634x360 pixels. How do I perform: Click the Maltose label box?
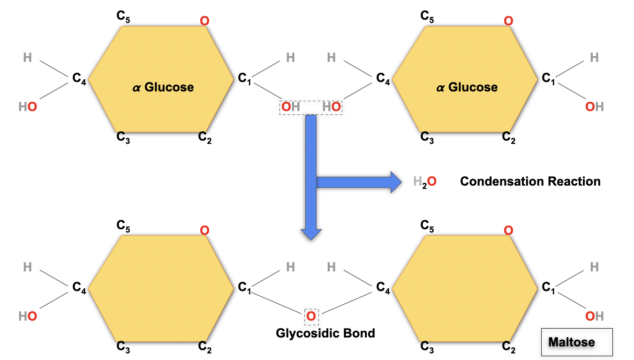[577, 342]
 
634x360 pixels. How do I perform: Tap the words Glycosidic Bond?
[325, 333]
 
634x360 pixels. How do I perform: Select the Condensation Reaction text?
[530, 181]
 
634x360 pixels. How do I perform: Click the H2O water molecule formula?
[425, 181]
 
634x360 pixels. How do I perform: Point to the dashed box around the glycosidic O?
[311, 317]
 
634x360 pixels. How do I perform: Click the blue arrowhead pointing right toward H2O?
[396, 181]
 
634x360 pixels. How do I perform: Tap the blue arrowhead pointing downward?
[311, 234]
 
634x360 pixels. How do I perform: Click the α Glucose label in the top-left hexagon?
[163, 87]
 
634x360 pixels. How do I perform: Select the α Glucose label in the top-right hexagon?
[467, 87]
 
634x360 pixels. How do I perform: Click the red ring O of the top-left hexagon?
[204, 21]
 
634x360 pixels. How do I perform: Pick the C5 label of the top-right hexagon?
[427, 17]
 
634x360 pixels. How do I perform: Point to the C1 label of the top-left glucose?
[244, 78]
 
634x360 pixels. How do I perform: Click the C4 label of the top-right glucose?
[383, 78]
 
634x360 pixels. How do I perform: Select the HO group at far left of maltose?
[28, 316]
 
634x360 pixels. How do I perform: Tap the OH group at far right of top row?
[594, 107]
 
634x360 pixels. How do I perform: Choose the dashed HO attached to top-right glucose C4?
[332, 107]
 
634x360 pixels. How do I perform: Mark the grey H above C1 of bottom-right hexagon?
[594, 267]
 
